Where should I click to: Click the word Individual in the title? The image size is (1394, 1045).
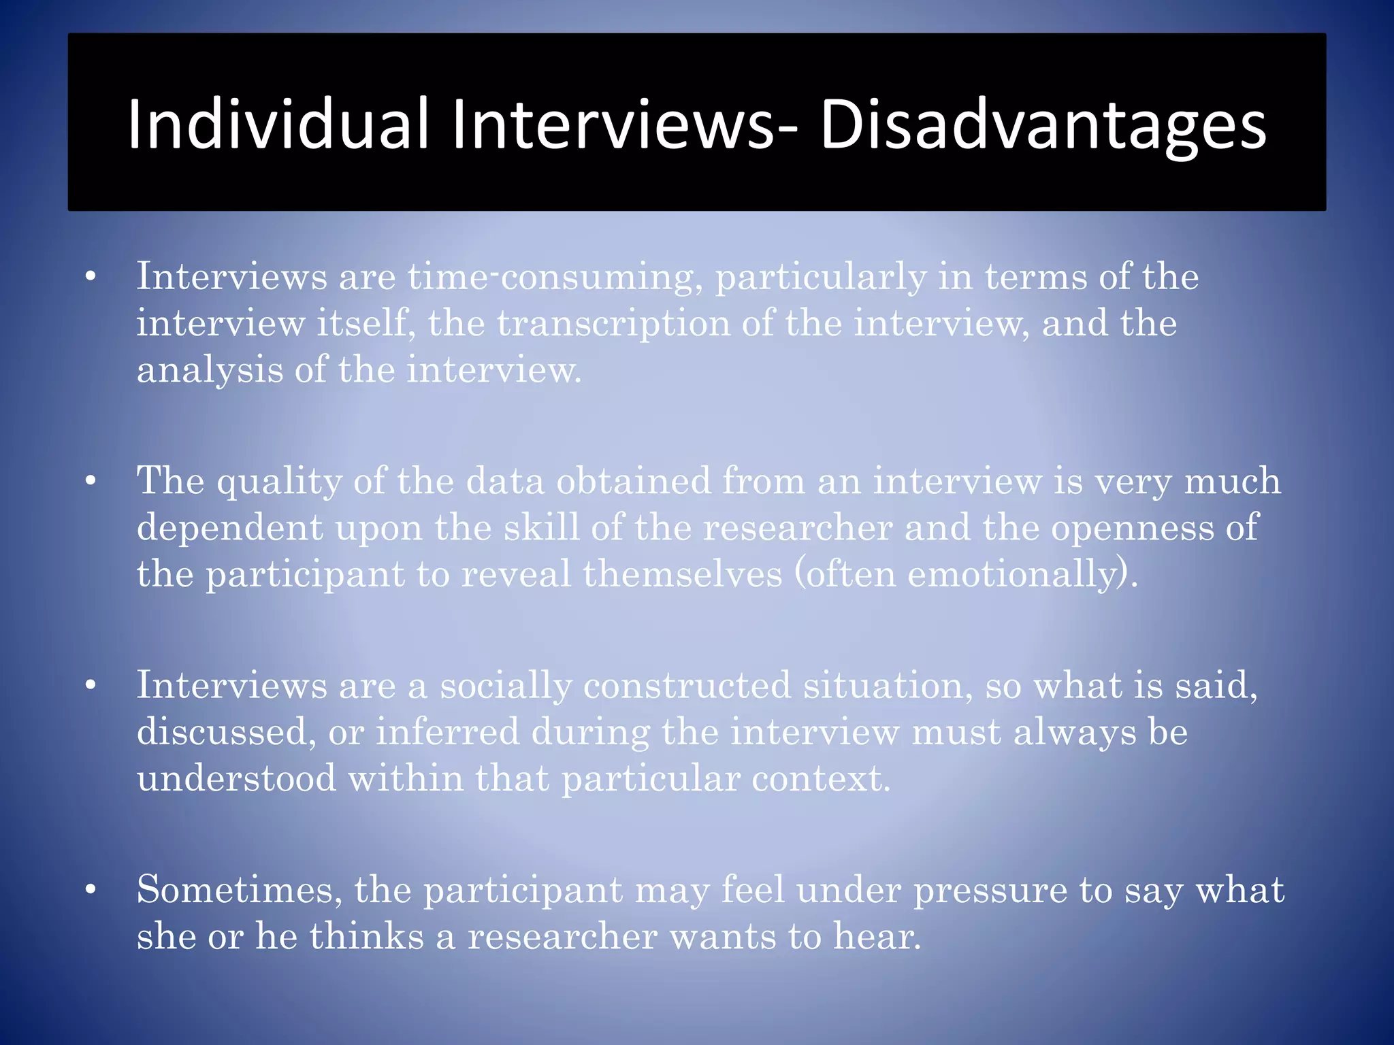click(x=278, y=125)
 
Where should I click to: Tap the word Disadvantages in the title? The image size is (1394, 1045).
click(x=1043, y=125)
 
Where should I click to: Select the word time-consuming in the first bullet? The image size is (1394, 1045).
click(x=555, y=278)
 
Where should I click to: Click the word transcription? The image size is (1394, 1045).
click(x=613, y=323)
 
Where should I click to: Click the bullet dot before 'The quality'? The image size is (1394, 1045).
click(x=91, y=482)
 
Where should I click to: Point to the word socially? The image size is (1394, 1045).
click(x=505, y=686)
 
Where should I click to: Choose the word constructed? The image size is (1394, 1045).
click(x=687, y=686)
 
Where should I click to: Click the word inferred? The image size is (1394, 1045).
click(x=447, y=733)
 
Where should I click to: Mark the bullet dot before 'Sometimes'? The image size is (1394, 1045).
click(x=91, y=891)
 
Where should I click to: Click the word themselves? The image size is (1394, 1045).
click(x=683, y=574)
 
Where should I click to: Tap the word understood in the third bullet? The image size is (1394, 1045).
click(x=236, y=778)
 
